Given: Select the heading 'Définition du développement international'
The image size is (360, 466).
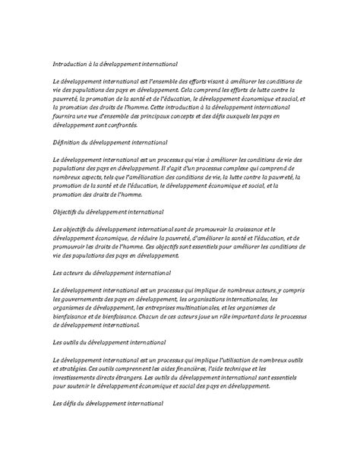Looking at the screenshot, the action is pyautogui.click(x=111, y=142).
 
